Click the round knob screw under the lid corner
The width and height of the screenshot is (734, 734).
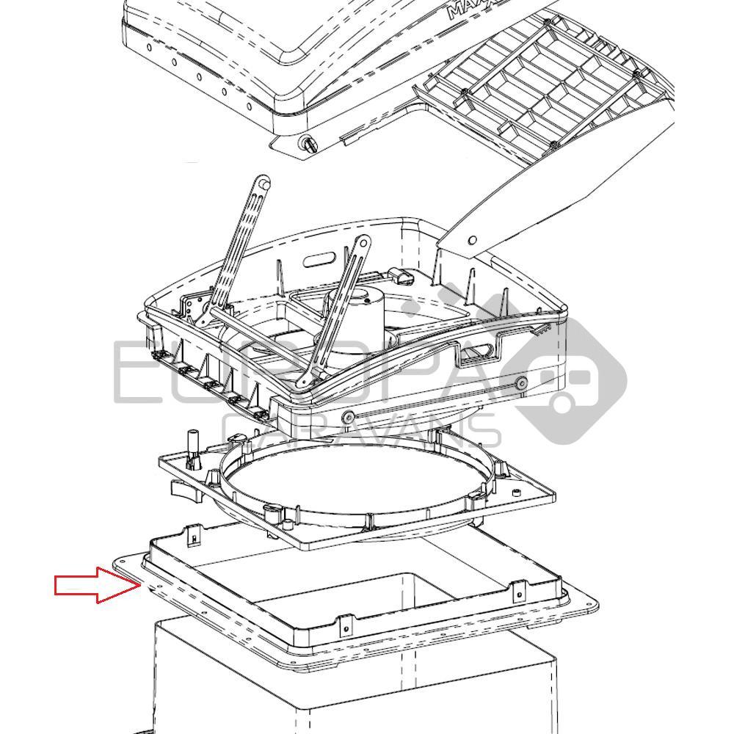pos(307,145)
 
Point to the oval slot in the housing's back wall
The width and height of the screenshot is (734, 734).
pos(322,259)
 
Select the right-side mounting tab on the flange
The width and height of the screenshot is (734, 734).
pos(519,590)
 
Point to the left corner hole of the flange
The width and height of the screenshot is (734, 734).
pos(122,562)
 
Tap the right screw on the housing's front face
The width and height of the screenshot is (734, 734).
pos(520,382)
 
